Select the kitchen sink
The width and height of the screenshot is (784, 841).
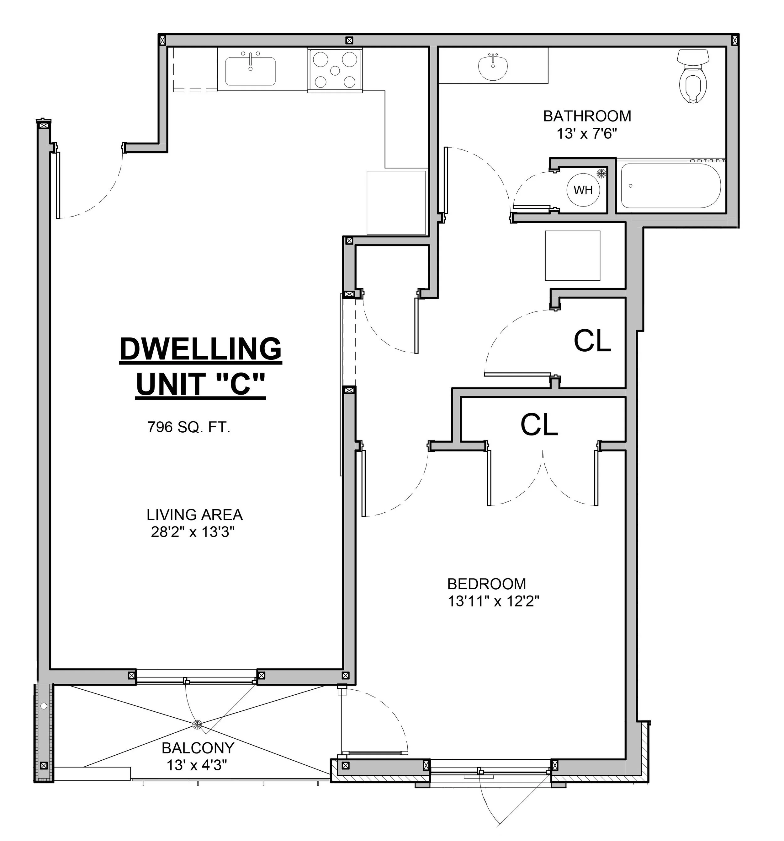[250, 71]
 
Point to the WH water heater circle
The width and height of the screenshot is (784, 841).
[583, 190]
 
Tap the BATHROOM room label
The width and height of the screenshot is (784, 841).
[587, 116]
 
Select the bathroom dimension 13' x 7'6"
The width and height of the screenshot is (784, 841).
[587, 134]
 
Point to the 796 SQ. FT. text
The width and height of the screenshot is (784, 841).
[188, 427]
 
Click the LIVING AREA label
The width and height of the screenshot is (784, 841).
[194, 515]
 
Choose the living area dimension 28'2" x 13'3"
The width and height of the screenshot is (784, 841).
[193, 532]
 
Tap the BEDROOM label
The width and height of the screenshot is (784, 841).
[486, 584]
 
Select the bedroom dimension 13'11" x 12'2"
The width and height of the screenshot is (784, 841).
[494, 601]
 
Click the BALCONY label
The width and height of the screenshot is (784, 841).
[198, 748]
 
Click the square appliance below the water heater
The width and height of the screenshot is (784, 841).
[573, 256]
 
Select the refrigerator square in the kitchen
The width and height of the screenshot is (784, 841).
[396, 202]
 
